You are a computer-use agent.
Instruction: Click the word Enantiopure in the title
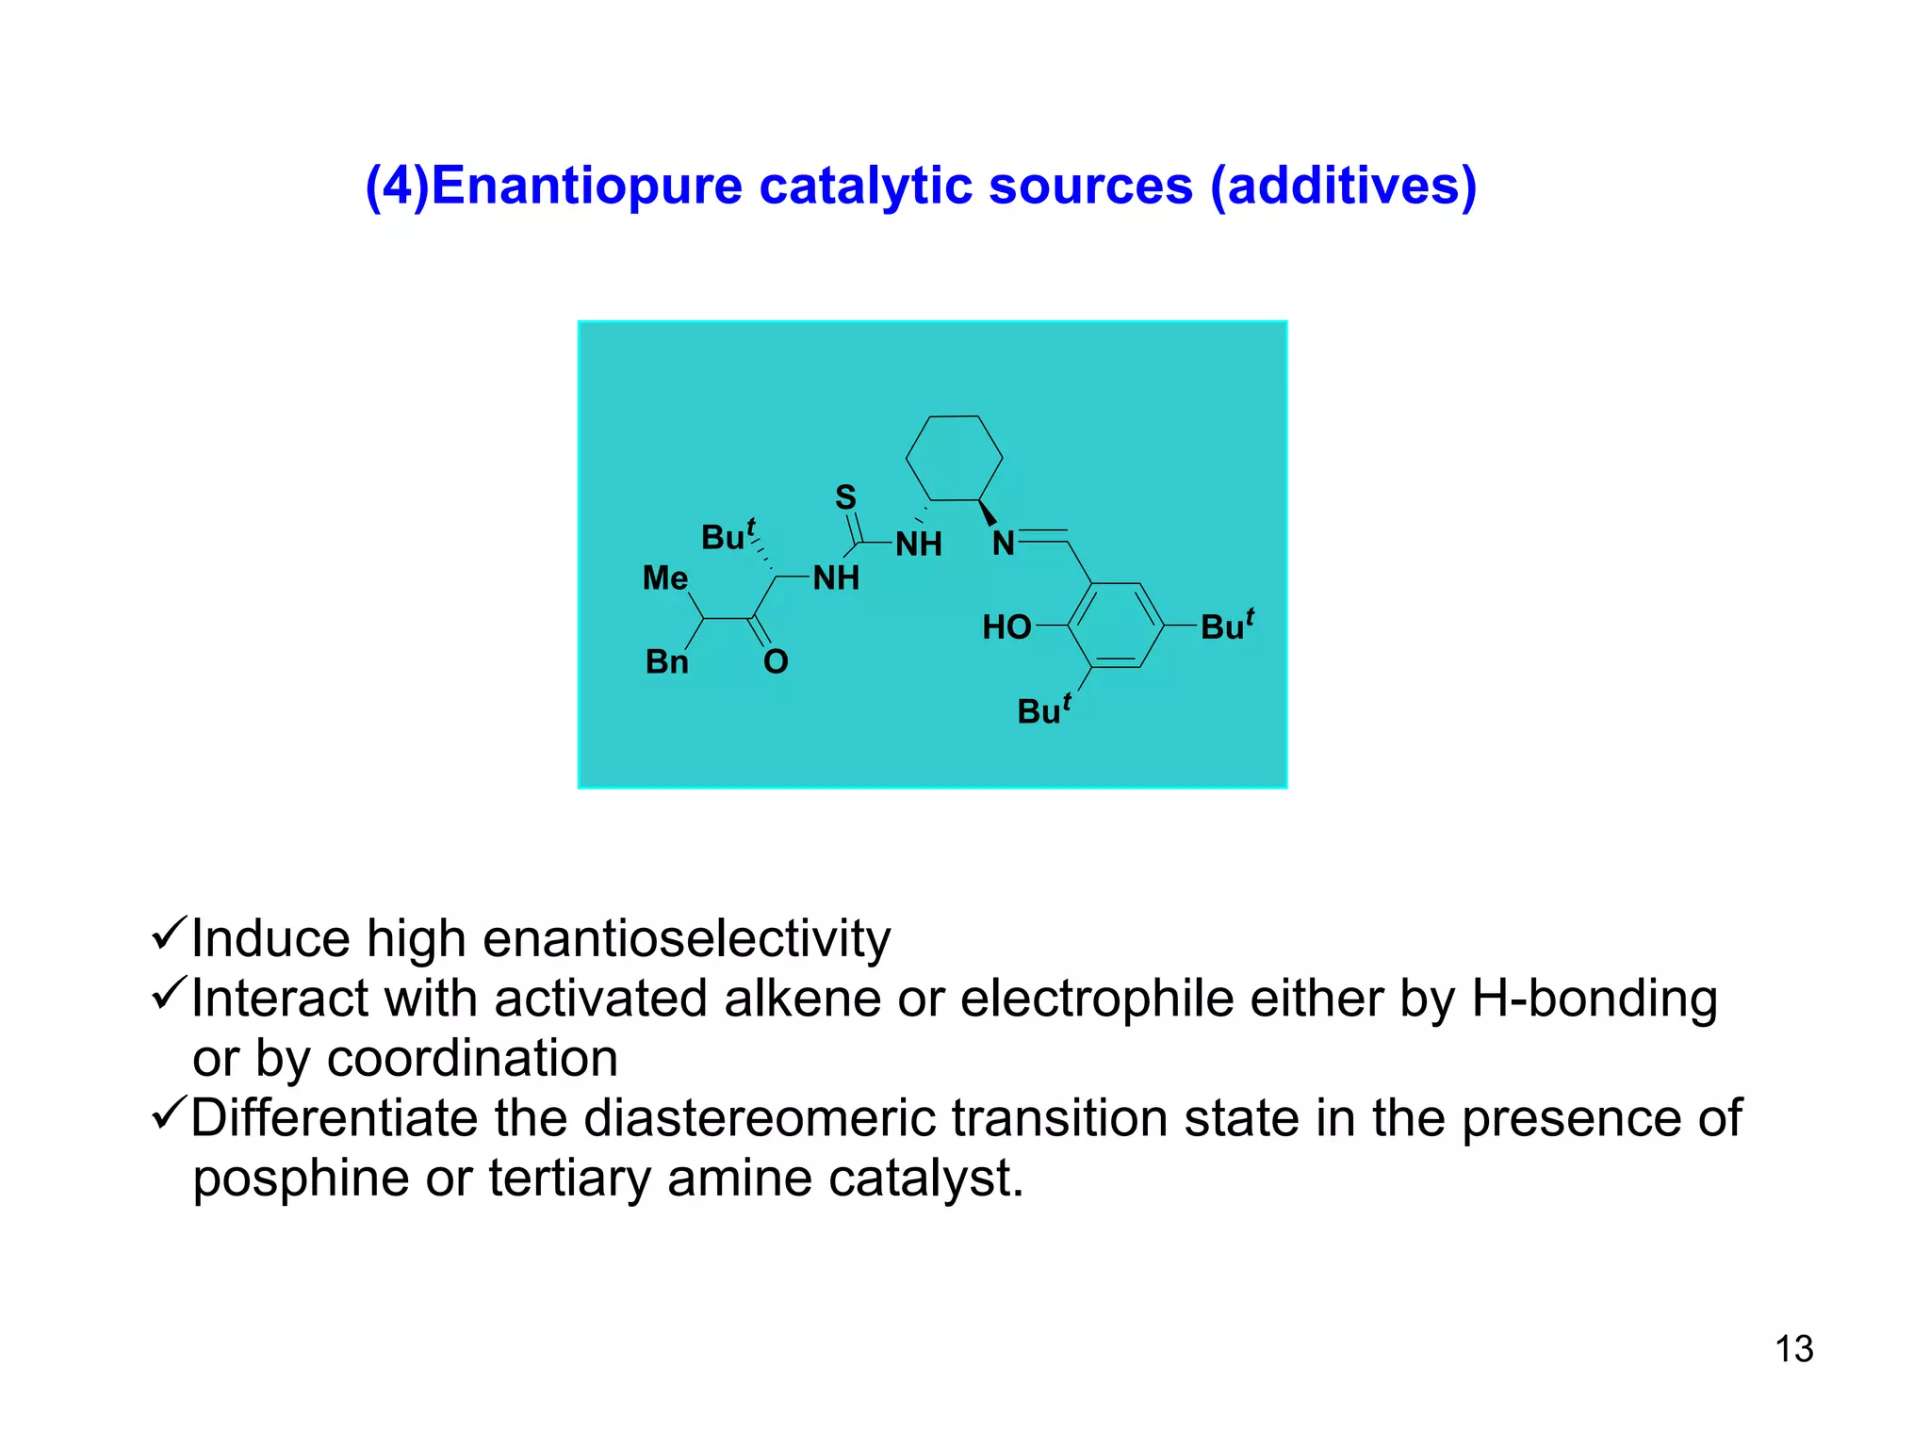(x=587, y=186)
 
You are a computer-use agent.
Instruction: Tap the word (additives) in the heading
(x=1343, y=186)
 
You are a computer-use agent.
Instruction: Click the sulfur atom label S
(x=845, y=497)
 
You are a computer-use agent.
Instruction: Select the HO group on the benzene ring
(x=1006, y=627)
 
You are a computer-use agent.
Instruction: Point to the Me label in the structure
(x=665, y=578)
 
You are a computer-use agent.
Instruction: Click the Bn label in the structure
(x=666, y=662)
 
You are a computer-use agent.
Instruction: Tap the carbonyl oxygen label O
(x=776, y=662)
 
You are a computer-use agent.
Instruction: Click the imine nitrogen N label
(x=1004, y=544)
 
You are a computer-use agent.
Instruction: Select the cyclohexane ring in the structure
(x=954, y=458)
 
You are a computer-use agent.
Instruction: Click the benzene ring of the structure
(x=1116, y=626)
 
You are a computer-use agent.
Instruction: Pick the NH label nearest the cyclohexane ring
(x=919, y=545)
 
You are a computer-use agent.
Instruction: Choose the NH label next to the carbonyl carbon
(x=836, y=578)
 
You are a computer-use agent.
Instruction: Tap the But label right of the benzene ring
(x=1226, y=626)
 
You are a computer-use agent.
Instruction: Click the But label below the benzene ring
(x=1043, y=709)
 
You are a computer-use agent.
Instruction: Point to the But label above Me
(x=728, y=536)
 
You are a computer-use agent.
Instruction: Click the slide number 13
(x=1793, y=1349)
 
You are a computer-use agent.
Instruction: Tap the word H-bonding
(x=1595, y=999)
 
